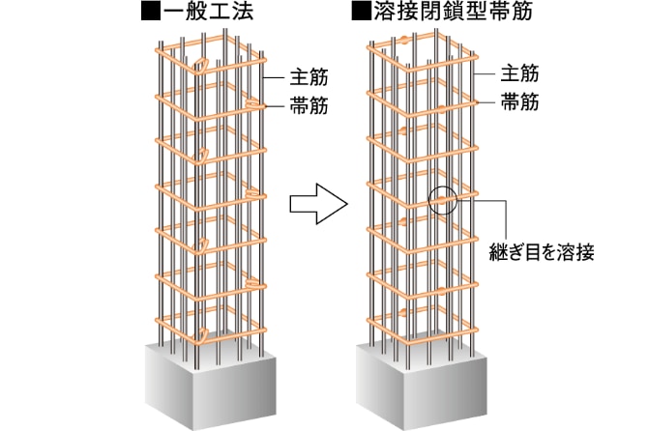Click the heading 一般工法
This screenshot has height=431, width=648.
pos(208,12)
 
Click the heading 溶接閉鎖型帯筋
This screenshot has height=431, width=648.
pos(453,12)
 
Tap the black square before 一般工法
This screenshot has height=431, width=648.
pos(151,12)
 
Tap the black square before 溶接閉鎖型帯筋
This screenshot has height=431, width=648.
pos(361,12)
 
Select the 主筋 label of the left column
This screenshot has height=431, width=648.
pos(309,77)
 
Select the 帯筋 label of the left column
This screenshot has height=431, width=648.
pos(309,106)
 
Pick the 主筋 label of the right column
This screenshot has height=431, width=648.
pos(519,73)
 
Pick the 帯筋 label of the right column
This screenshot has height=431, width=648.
pos(519,102)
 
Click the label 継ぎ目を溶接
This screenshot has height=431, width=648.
pos(542,252)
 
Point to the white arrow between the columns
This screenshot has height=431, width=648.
pos(318,204)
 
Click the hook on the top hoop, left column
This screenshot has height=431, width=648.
pos(201,66)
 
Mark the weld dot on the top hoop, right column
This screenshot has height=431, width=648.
pos(404,41)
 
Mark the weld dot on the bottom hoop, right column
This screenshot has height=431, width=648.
pos(404,312)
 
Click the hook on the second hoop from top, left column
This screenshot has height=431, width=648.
pos(252,104)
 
